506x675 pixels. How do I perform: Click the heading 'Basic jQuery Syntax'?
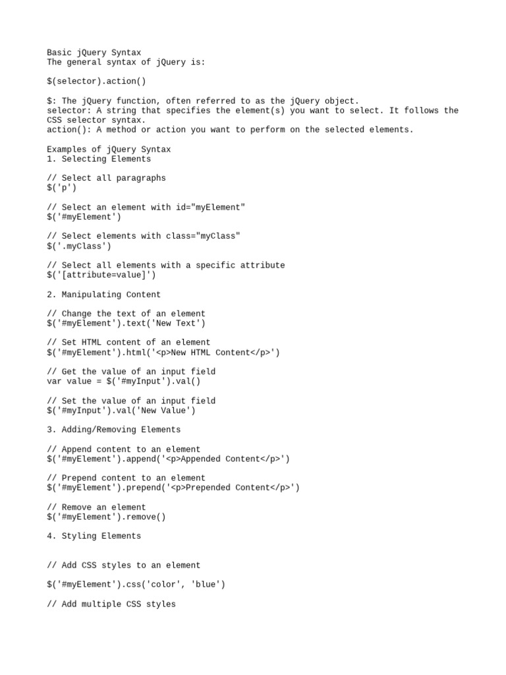coord(94,53)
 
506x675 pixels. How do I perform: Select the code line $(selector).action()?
coord(96,81)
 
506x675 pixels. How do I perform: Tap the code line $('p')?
coord(61,188)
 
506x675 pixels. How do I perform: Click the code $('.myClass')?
coord(79,246)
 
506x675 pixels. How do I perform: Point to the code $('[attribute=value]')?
coord(101,275)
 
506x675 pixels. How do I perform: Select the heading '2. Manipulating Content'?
coord(103,295)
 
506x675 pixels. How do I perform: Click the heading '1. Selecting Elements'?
coord(99,159)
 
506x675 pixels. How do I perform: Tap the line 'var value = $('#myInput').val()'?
coord(123,381)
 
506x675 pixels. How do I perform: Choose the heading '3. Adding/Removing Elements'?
coord(113,430)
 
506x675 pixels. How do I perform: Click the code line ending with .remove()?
coord(106,517)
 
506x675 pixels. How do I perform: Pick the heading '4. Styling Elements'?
coord(94,536)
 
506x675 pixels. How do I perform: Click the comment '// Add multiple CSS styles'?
coord(111,604)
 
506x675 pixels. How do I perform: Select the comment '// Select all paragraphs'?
coord(106,178)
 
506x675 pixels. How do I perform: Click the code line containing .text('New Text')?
coord(126,323)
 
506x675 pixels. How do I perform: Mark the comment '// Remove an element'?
coord(96,507)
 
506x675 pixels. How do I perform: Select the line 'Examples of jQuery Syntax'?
coord(109,149)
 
